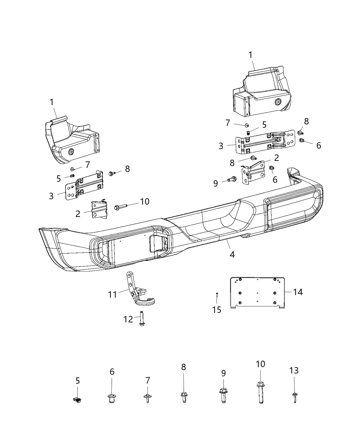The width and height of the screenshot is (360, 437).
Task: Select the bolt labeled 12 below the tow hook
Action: click(x=142, y=319)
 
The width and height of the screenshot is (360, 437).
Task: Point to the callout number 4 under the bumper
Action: click(x=232, y=255)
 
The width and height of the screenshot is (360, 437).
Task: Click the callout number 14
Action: click(x=298, y=292)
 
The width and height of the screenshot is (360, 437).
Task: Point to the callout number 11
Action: click(x=113, y=294)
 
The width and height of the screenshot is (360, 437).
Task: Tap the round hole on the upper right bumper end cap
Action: click(x=277, y=102)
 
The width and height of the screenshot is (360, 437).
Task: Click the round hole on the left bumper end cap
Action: click(x=72, y=152)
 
